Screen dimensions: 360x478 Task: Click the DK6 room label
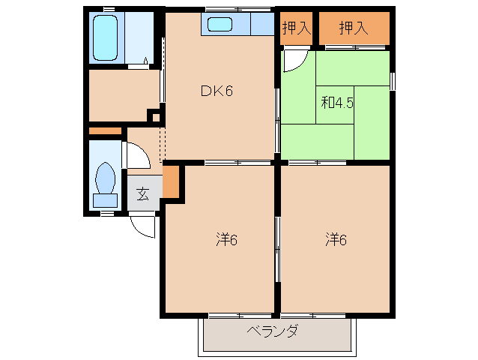[217, 92]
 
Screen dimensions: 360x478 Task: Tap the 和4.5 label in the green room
[337, 103]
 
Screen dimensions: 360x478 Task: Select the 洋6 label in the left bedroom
[226, 240]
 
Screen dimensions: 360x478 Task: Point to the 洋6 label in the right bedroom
[336, 240]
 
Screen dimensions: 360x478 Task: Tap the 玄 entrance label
[142, 194]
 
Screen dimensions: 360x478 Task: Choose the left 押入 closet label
[297, 29]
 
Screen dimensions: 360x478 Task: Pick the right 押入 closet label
[354, 29]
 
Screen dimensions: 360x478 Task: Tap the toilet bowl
[105, 179]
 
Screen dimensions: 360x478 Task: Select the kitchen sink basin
[220, 24]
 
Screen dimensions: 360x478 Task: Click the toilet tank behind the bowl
[105, 199]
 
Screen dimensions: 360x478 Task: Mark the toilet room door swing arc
[135, 156]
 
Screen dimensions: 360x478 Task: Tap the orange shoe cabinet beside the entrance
[172, 181]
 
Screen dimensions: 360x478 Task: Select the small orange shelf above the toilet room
[105, 132]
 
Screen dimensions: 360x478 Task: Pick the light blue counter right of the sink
[261, 24]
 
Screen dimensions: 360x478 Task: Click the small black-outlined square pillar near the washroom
[153, 116]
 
